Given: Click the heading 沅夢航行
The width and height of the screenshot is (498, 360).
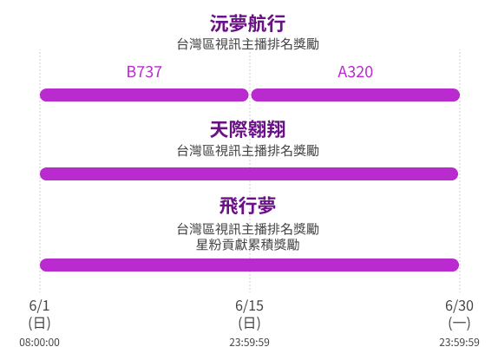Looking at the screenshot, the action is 248,23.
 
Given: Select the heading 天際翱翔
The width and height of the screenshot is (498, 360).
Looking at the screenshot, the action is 248,129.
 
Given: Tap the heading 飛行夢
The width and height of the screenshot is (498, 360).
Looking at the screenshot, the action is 248,206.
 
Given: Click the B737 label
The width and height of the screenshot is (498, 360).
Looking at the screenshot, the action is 144,72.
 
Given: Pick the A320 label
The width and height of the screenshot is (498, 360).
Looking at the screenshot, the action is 356,72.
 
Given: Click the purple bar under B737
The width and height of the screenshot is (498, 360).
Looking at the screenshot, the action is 144,95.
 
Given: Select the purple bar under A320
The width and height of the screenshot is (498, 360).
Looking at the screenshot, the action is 356,95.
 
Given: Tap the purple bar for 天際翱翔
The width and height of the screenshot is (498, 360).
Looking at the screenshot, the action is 249,173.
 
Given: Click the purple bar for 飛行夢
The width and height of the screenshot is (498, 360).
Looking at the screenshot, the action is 249,265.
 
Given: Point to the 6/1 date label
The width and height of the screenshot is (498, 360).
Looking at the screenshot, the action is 39,305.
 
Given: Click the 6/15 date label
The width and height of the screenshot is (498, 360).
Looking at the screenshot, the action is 249,305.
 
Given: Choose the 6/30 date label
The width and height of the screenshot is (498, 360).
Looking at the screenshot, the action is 459,305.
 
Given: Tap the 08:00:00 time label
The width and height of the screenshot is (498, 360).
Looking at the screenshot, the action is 39,343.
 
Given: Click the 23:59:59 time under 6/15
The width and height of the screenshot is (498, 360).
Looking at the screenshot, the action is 249,343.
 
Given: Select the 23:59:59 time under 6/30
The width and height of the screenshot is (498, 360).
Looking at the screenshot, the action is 459,343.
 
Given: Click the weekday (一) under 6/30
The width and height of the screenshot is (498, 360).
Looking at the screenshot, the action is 459,324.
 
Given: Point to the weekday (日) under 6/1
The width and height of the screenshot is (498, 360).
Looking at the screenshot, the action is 39,324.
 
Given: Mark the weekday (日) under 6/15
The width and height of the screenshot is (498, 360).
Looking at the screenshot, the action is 249,324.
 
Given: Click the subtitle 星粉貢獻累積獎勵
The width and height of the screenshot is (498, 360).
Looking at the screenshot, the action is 248,245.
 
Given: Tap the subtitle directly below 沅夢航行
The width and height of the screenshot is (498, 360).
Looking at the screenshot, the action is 248,44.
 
